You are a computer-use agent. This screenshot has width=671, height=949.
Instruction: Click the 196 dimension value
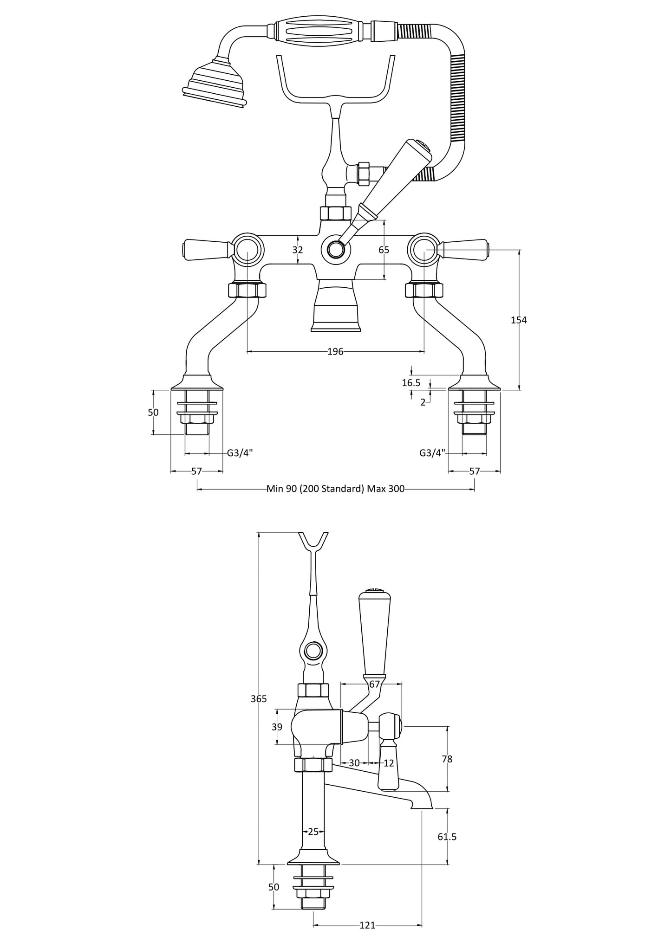[335, 352]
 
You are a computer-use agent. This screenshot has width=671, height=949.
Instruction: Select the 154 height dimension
[519, 320]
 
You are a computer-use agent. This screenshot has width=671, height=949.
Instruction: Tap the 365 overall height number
[259, 699]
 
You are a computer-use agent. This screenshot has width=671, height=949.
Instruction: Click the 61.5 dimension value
[447, 837]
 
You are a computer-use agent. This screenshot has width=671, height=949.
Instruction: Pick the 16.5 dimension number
[411, 383]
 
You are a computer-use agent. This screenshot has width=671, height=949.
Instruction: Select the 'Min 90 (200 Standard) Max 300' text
[335, 489]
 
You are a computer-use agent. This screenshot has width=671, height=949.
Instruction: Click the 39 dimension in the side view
[277, 727]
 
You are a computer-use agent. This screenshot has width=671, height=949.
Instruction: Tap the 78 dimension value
[447, 759]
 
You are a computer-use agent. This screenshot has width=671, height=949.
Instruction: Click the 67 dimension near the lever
[375, 684]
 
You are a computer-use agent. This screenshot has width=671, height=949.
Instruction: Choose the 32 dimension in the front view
[298, 250]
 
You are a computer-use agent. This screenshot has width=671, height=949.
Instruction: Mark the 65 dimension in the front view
[384, 250]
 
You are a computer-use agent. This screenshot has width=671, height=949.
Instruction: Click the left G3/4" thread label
[240, 453]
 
